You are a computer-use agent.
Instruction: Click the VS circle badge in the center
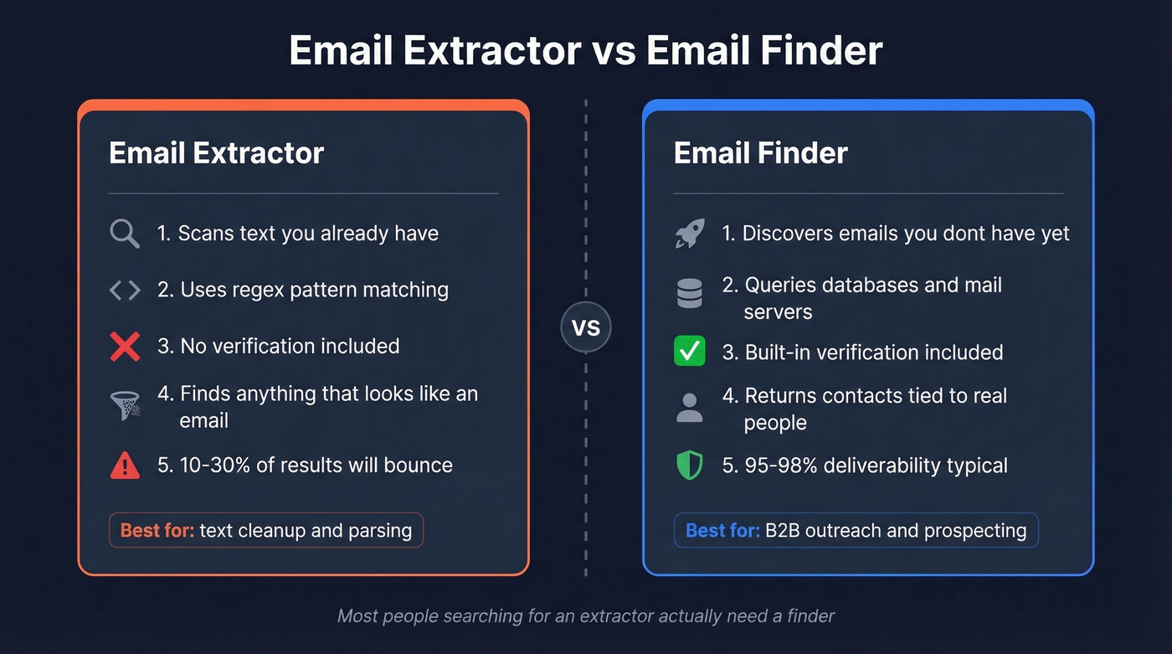585,327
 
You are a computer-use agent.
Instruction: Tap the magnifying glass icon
125,234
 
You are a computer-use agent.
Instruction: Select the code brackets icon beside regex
125,290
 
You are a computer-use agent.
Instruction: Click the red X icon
125,346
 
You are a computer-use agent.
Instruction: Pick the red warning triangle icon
125,466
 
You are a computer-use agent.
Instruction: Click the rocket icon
690,234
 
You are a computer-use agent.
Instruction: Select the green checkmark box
690,352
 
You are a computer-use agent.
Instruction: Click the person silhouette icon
690,408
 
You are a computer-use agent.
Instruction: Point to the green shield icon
690,466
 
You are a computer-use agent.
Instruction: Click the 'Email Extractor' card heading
216,153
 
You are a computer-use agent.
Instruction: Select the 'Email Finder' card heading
760,153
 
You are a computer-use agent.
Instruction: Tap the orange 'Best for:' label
157,531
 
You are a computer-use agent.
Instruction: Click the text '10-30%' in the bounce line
216,466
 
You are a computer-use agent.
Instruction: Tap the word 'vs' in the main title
613,50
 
